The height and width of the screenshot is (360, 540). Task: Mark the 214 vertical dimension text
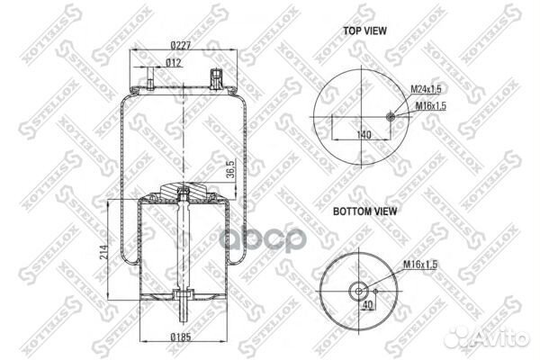tap(104, 253)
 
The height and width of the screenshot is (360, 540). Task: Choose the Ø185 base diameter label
tap(184, 338)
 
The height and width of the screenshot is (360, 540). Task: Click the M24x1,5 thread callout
tap(426, 89)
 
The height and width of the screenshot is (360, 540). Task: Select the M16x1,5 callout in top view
tap(430, 106)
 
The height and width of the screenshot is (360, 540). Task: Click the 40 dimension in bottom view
tap(366, 306)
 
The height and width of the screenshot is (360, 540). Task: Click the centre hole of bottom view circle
tap(357, 290)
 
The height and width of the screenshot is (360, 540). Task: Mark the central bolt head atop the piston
tap(184, 190)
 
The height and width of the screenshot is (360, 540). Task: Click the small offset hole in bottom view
tap(375, 290)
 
